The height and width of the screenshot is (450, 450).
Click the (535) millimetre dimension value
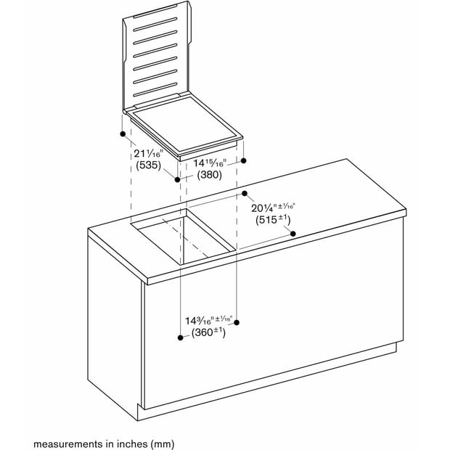(x=148, y=165)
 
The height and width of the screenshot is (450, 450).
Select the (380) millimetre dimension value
(x=209, y=174)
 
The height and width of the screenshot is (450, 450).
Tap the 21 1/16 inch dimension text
(x=148, y=154)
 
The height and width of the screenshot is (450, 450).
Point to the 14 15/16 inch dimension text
(x=210, y=163)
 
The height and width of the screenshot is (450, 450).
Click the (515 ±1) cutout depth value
(x=273, y=219)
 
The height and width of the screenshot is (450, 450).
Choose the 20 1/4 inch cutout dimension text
(x=273, y=208)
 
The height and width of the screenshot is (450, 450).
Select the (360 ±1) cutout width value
(x=208, y=332)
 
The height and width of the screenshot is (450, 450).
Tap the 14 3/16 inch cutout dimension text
(x=208, y=320)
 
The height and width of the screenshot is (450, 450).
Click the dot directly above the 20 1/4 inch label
(x=245, y=194)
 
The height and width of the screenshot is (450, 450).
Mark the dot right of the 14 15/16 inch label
(x=244, y=160)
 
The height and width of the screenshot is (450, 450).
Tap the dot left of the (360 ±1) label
(x=181, y=337)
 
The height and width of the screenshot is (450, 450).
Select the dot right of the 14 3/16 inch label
(x=237, y=322)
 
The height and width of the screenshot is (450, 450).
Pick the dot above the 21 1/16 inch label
(x=123, y=134)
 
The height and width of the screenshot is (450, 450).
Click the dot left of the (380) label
(x=178, y=180)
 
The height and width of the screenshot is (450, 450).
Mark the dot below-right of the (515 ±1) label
(x=293, y=234)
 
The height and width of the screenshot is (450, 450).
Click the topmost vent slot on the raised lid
(x=155, y=25)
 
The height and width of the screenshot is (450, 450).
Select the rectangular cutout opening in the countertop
(x=184, y=237)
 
